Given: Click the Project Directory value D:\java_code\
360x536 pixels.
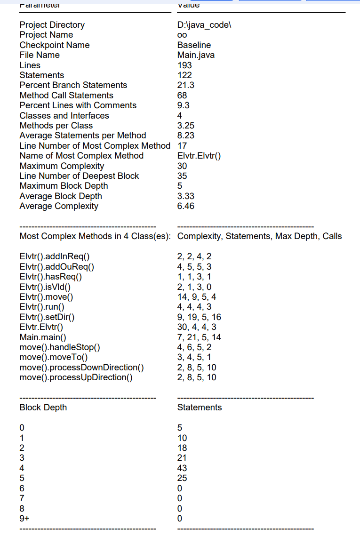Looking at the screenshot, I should tap(204, 25).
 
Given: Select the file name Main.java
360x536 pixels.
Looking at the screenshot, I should tap(196, 55).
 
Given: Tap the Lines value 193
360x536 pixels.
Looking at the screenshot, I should tap(184, 65).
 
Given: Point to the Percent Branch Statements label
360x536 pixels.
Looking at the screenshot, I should tap(73, 85).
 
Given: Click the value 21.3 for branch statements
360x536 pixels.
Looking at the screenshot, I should tap(185, 85).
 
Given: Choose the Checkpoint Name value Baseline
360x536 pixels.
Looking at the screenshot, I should tap(194, 45).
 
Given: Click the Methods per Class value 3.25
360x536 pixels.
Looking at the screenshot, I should tap(185, 126).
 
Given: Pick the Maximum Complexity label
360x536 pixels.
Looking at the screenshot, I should tap(62, 166).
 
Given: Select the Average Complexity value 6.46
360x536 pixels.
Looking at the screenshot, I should tap(185, 206).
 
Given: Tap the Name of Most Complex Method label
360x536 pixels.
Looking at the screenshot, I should tap(81, 156).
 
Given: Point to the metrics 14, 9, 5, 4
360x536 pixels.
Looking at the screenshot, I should tap(197, 297).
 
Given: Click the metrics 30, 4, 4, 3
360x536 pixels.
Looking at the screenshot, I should tap(197, 327).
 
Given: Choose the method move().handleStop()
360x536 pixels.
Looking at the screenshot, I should tap(60, 347).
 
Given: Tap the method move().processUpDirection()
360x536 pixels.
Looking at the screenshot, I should tap(76, 377).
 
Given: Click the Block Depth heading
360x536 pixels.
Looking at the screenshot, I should tap(43, 408).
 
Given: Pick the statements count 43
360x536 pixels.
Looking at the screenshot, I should tap(182, 468).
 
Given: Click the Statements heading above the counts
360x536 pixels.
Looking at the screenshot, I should tap(200, 408).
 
